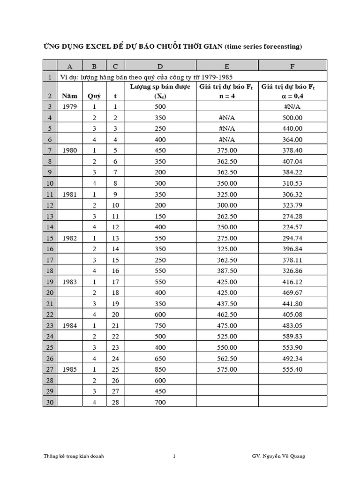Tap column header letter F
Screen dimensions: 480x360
292,66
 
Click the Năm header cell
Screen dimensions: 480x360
70,96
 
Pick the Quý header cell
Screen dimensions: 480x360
94,96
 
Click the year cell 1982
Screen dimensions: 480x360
70,238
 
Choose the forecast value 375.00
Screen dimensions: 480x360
227,150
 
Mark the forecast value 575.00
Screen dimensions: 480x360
227,369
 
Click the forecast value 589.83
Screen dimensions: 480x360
292,336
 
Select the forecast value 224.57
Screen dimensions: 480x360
292,227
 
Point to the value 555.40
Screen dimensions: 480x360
292,369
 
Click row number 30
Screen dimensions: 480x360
50,402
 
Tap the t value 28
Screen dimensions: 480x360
115,402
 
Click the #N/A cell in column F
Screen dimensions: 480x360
292,106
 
